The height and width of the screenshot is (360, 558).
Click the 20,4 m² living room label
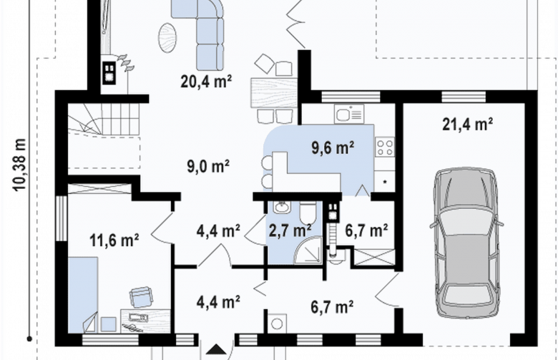pos(206,82)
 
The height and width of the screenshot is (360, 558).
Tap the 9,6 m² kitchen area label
pos(333,147)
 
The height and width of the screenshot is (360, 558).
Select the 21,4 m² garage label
pos(467,125)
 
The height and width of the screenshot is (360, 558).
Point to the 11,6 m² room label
pos(114,240)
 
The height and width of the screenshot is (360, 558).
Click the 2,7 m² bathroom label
pos(290,230)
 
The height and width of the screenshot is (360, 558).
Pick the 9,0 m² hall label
pos(208,166)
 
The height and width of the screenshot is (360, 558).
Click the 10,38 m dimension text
pos(19,165)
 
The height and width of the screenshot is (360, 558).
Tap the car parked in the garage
pos(466,243)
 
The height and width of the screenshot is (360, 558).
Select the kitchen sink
pos(349,114)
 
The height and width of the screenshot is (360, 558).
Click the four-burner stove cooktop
pos(385,147)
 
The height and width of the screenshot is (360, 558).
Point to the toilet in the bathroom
pos(308,213)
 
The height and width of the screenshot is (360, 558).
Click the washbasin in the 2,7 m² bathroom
pos(282,207)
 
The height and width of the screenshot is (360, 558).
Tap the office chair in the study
pos(141,296)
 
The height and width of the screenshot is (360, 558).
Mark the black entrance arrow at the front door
pos(215,349)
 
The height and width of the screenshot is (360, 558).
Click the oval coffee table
pos(167,37)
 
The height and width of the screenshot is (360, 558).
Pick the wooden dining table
pos(274,93)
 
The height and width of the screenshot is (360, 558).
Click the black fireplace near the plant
pos(109,73)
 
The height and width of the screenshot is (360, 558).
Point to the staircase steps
pos(103,120)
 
